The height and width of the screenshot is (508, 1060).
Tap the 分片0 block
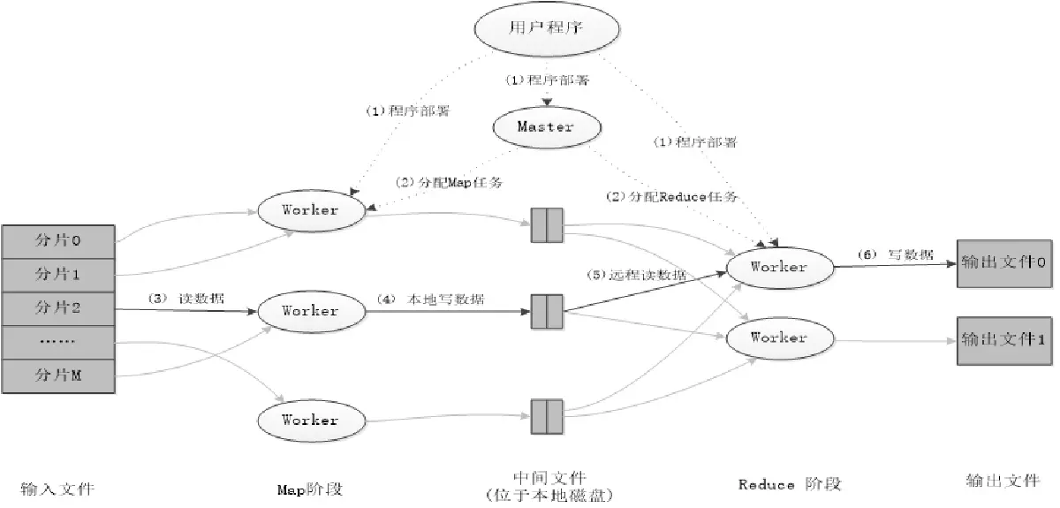pyautogui.click(x=57, y=239)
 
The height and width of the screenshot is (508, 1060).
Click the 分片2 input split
pyautogui.click(x=57, y=307)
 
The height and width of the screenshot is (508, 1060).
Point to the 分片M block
pyautogui.click(x=57, y=376)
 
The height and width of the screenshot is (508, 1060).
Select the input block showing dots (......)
pyautogui.click(x=57, y=342)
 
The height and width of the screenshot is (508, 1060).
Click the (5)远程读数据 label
pyautogui.click(x=635, y=275)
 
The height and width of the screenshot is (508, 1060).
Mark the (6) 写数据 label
pyautogui.click(x=895, y=254)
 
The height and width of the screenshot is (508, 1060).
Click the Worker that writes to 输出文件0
pyautogui.click(x=778, y=266)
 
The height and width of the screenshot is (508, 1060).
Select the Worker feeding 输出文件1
pyautogui.click(x=778, y=337)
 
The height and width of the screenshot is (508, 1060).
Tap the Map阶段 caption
pyautogui.click(x=309, y=488)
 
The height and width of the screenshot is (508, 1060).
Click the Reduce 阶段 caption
pyautogui.click(x=789, y=484)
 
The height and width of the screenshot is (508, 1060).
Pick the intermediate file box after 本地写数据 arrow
pyautogui.click(x=547, y=312)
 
